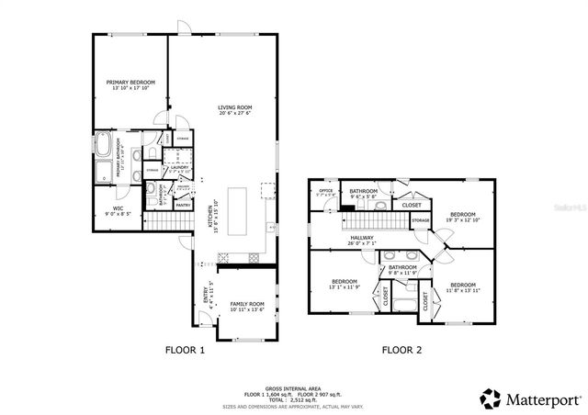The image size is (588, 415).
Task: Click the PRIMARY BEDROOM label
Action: click(130, 83)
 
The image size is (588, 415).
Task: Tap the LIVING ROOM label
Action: click(234, 108)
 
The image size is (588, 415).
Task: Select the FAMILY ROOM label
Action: click(246, 304)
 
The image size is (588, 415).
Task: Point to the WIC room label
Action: click(119, 208)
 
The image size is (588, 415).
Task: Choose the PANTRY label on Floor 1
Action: click(183, 205)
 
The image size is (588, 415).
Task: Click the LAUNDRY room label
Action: click(179, 167)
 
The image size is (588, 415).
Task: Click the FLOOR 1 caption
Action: click(185, 350)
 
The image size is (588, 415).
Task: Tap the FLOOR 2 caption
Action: click(401, 350)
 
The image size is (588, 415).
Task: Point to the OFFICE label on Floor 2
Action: click(325, 190)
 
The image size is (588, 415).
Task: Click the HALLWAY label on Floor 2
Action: click(361, 238)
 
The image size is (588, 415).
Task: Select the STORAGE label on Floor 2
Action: click(420, 220)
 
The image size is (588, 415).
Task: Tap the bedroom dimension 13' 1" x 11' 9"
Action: click(344, 286)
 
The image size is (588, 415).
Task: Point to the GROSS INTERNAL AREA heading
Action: click(293, 388)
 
